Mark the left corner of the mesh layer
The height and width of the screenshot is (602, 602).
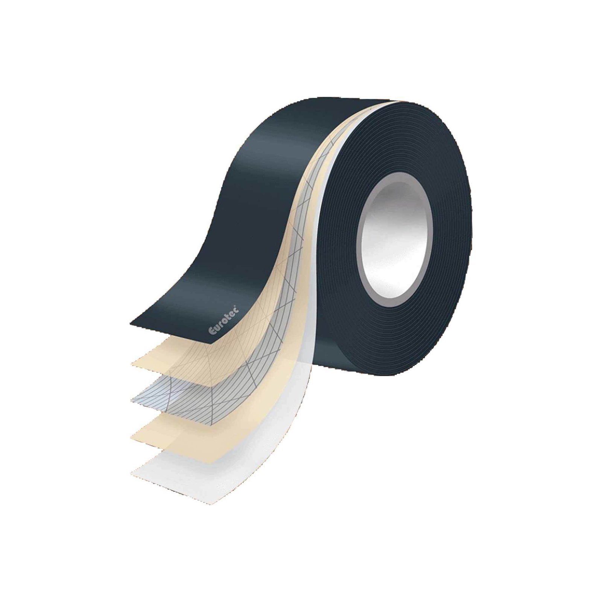(x=132, y=399)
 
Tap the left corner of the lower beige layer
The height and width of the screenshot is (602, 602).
(x=132, y=436)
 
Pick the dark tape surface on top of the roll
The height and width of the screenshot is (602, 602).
(x=301, y=124)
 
